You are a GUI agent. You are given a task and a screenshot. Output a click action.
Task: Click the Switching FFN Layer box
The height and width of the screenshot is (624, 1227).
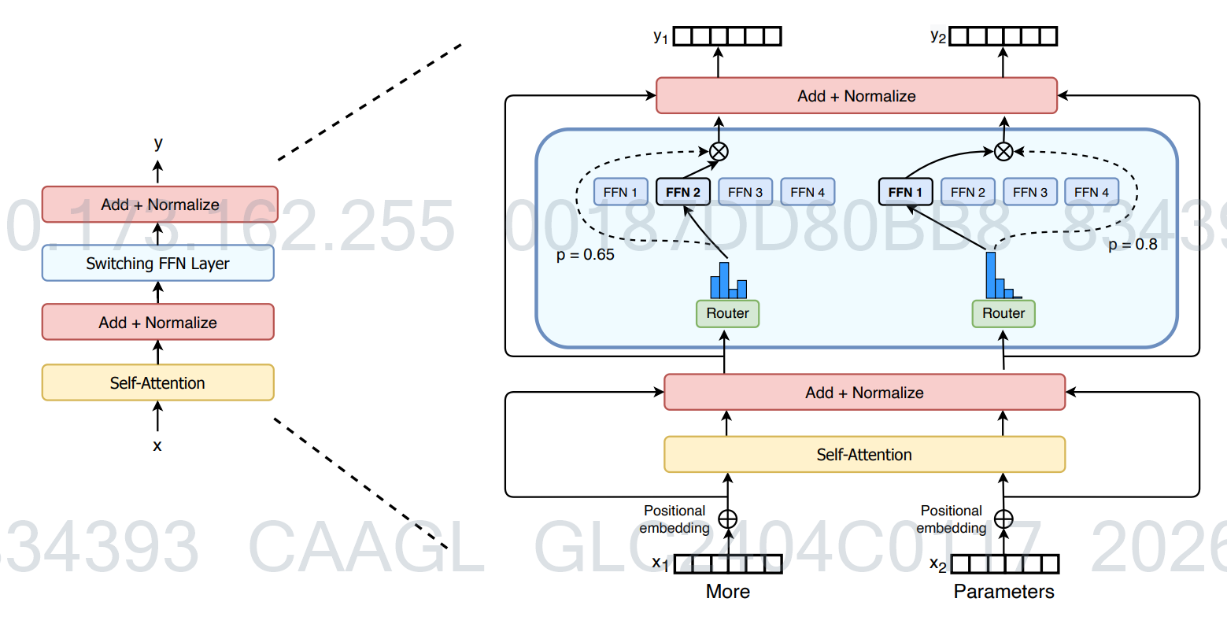pos(157,264)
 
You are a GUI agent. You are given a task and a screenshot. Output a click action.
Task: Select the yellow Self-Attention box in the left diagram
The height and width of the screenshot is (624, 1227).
pos(157,383)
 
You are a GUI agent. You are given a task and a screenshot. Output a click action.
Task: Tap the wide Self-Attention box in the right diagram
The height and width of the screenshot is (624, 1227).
pos(864,455)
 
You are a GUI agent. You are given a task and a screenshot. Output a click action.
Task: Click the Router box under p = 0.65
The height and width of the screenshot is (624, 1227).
pos(727,313)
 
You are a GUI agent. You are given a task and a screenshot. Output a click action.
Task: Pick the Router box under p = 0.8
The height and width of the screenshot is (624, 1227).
pos(1003,313)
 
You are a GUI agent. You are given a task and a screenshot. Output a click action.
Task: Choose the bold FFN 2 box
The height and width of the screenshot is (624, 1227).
pos(682,192)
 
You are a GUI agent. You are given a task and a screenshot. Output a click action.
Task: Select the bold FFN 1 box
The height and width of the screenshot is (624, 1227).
pos(905,192)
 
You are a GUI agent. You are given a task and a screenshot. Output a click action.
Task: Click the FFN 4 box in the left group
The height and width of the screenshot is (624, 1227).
pos(808,192)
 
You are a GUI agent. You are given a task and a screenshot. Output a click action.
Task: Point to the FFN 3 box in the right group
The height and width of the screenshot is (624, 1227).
pos(1029,192)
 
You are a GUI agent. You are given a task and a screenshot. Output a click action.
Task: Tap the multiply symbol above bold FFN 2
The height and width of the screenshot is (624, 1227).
pos(719,152)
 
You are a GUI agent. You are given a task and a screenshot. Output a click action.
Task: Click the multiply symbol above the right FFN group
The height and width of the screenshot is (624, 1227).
pos(1003,152)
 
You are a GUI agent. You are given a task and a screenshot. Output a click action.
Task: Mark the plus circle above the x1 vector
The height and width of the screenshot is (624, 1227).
pos(728,519)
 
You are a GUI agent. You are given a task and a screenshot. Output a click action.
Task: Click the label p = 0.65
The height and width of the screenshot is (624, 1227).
pos(586,255)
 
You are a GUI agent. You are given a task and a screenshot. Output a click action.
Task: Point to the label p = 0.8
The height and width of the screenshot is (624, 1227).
pos(1133,245)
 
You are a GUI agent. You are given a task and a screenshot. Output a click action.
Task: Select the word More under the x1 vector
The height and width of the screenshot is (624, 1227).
pos(728,592)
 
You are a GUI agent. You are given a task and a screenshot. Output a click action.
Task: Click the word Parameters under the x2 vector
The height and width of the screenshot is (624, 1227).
pos(1003,592)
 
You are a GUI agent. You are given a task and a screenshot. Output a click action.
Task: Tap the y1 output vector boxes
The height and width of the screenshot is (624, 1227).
pos(728,36)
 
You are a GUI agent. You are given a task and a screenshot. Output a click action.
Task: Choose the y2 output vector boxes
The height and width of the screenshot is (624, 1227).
pos(1003,36)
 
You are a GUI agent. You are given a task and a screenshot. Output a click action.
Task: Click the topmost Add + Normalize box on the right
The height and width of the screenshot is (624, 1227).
pos(856,96)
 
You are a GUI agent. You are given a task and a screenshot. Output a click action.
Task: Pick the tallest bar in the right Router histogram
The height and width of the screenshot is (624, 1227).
pos(991,275)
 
